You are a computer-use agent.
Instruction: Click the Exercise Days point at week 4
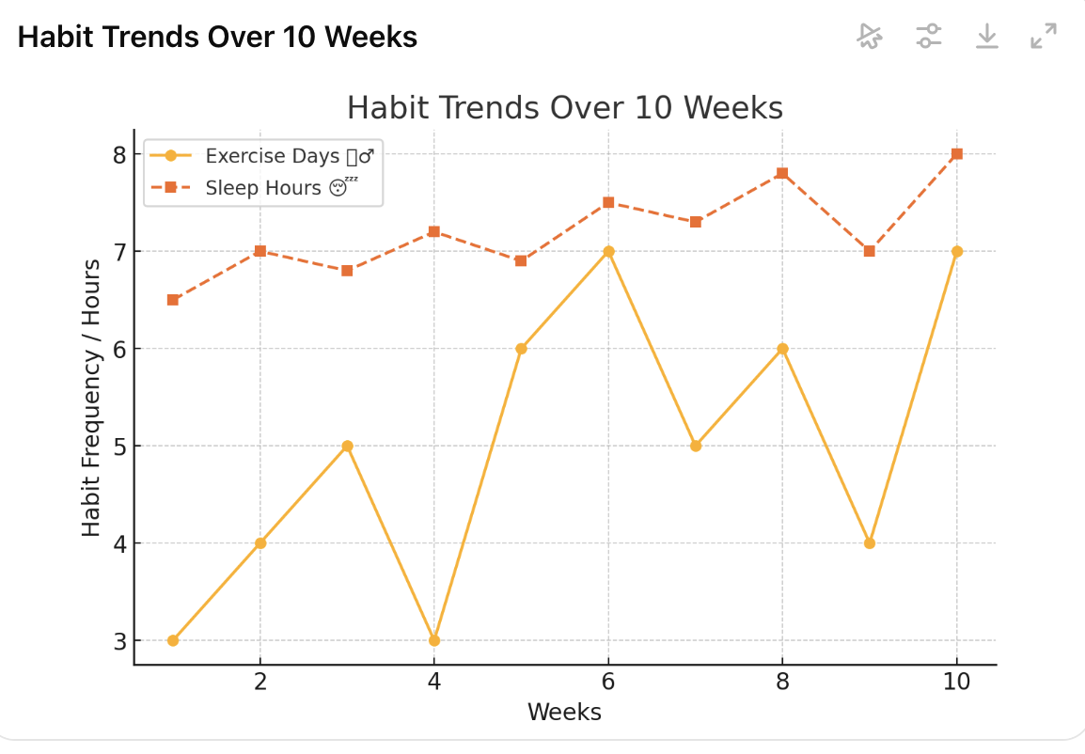tap(434, 640)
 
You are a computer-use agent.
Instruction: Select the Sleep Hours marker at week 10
tap(957, 154)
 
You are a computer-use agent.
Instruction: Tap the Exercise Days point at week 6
tap(608, 251)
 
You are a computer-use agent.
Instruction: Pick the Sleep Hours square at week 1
tap(173, 300)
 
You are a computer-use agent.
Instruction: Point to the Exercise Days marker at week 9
tap(870, 543)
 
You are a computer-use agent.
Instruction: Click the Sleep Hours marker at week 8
tap(782, 173)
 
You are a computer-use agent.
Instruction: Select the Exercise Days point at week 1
tap(173, 640)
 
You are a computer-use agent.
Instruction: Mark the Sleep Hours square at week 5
tap(521, 260)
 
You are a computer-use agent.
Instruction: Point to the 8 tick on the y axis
tap(119, 154)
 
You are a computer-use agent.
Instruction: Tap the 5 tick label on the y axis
tap(119, 446)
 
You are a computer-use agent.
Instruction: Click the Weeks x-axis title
tap(564, 712)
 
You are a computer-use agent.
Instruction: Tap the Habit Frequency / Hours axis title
tap(91, 397)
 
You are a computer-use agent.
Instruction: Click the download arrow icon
tap(986, 37)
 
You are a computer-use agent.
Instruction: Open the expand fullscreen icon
tap(1043, 37)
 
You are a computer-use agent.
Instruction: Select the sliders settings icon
tap(929, 37)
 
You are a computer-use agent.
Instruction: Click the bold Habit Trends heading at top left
tap(217, 38)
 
